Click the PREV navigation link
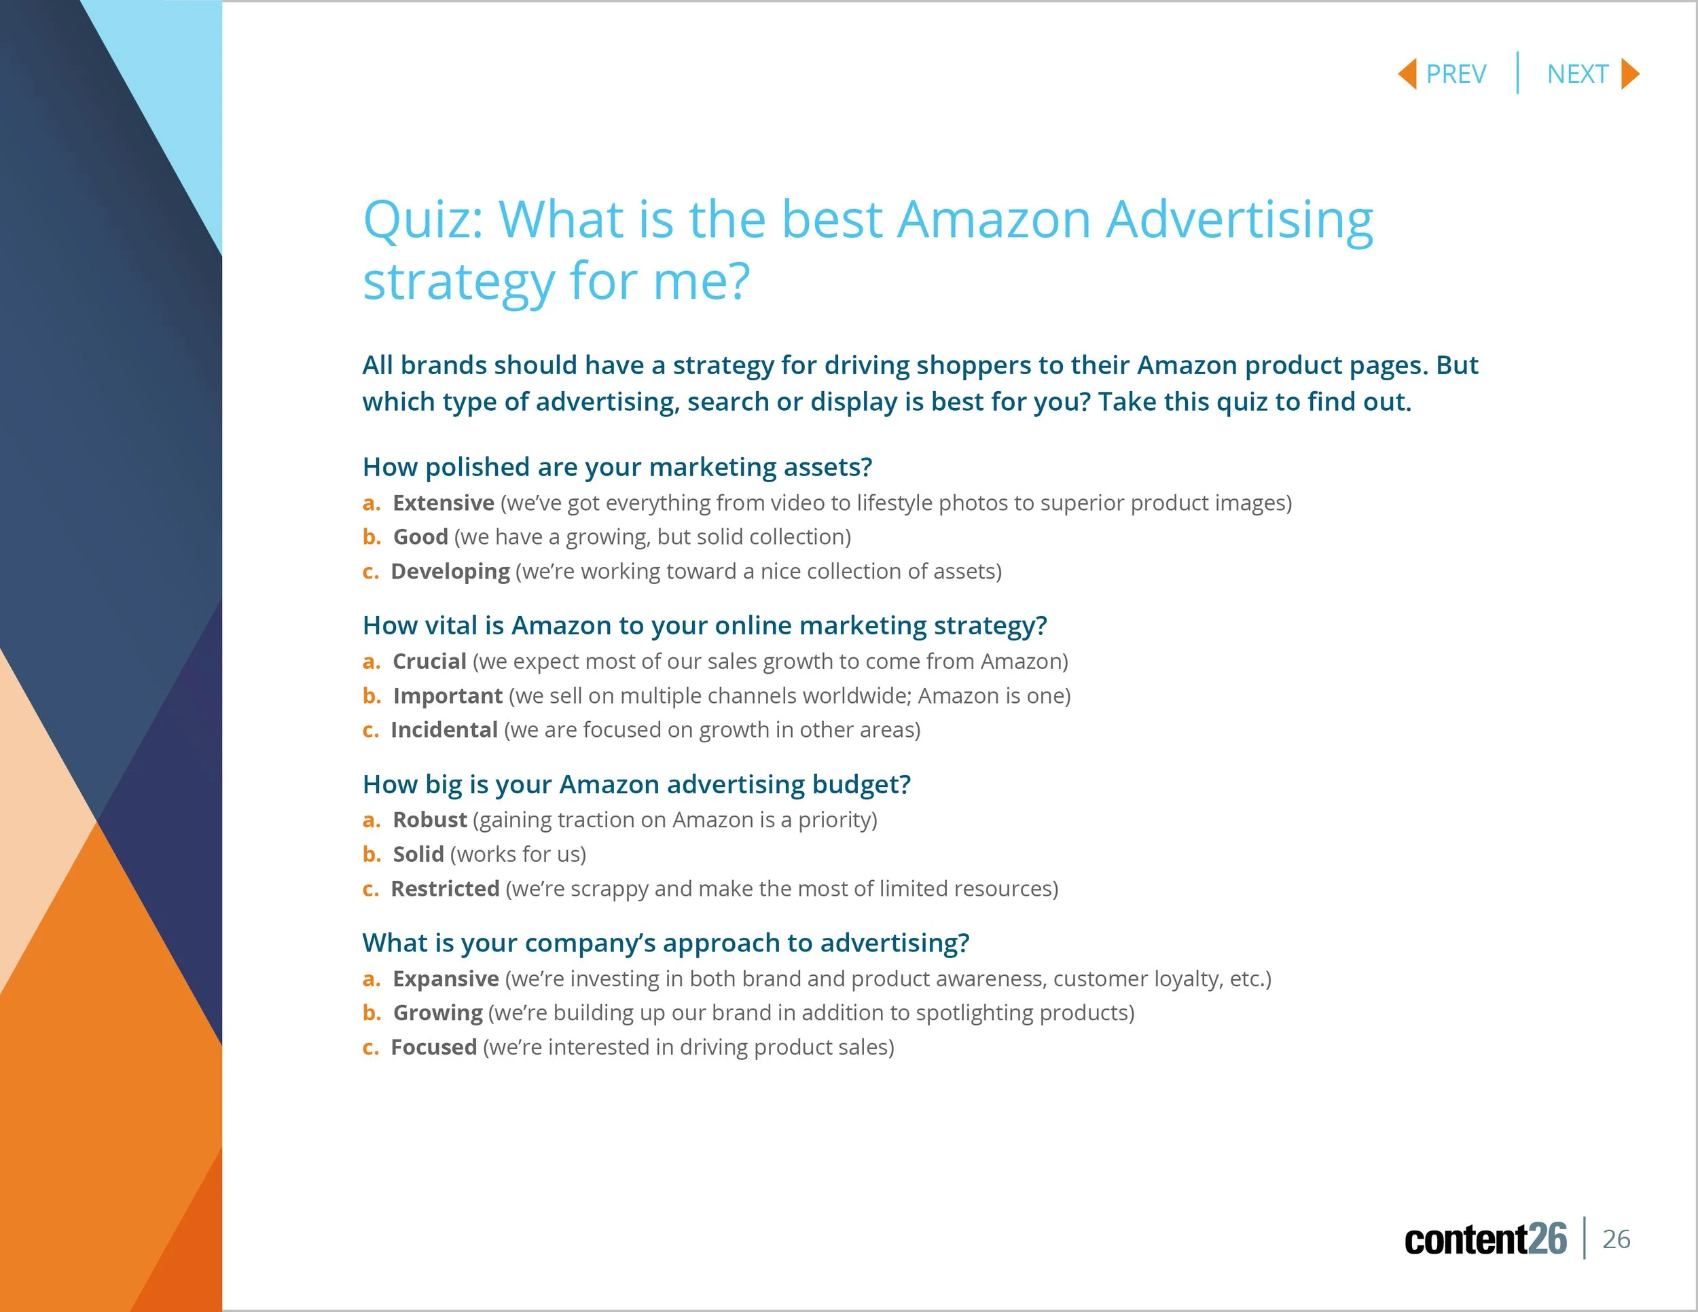[1456, 75]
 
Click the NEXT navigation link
[1576, 75]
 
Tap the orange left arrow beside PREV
[1407, 75]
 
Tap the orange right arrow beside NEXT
[1630, 75]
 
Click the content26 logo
[1485, 1239]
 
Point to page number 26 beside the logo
[1616, 1239]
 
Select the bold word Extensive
[443, 503]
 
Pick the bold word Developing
[450, 571]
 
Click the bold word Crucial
[429, 661]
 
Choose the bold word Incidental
[444, 730]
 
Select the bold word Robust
[429, 820]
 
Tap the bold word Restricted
[445, 888]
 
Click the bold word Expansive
[446, 979]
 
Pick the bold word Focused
[434, 1047]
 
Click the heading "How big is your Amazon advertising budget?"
[636, 784]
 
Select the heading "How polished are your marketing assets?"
[617, 467]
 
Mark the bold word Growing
[437, 1013]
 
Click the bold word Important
[448, 695]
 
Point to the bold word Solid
[418, 854]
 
